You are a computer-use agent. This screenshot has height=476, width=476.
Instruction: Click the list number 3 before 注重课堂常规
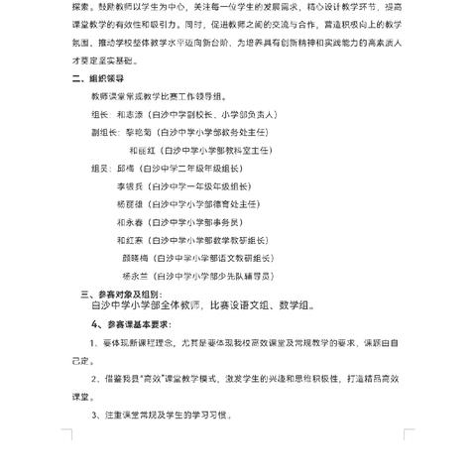point(94,415)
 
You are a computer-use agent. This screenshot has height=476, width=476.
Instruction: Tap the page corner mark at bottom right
point(411,434)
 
